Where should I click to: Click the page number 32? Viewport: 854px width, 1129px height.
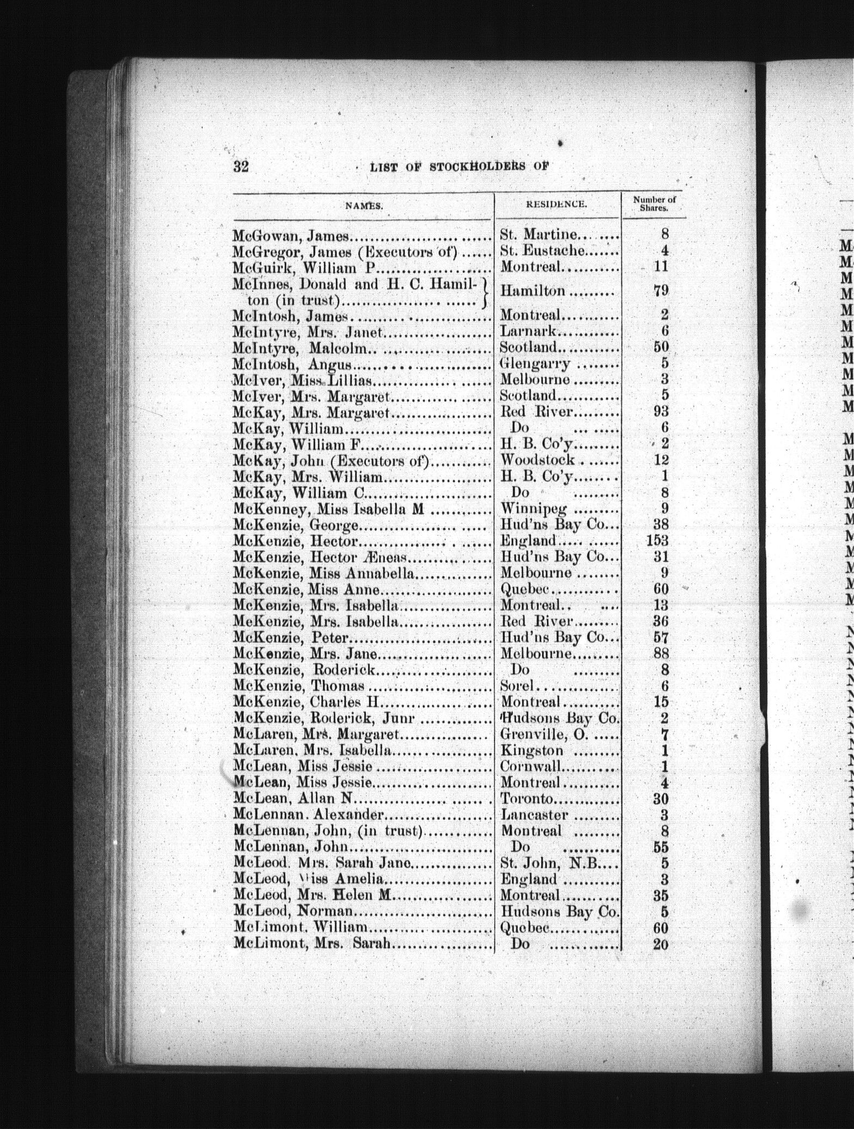(241, 166)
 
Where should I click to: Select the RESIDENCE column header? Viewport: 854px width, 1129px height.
(556, 205)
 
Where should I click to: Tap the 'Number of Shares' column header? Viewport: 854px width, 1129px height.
(654, 204)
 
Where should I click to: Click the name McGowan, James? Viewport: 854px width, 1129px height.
(290, 236)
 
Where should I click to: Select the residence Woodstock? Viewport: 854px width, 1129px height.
(537, 460)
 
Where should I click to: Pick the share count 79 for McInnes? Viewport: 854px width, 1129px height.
(660, 291)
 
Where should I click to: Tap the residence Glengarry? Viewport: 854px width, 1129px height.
(534, 363)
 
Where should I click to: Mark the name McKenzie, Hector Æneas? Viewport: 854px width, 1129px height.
(321, 557)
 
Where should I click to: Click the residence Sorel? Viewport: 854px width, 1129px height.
(517, 686)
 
